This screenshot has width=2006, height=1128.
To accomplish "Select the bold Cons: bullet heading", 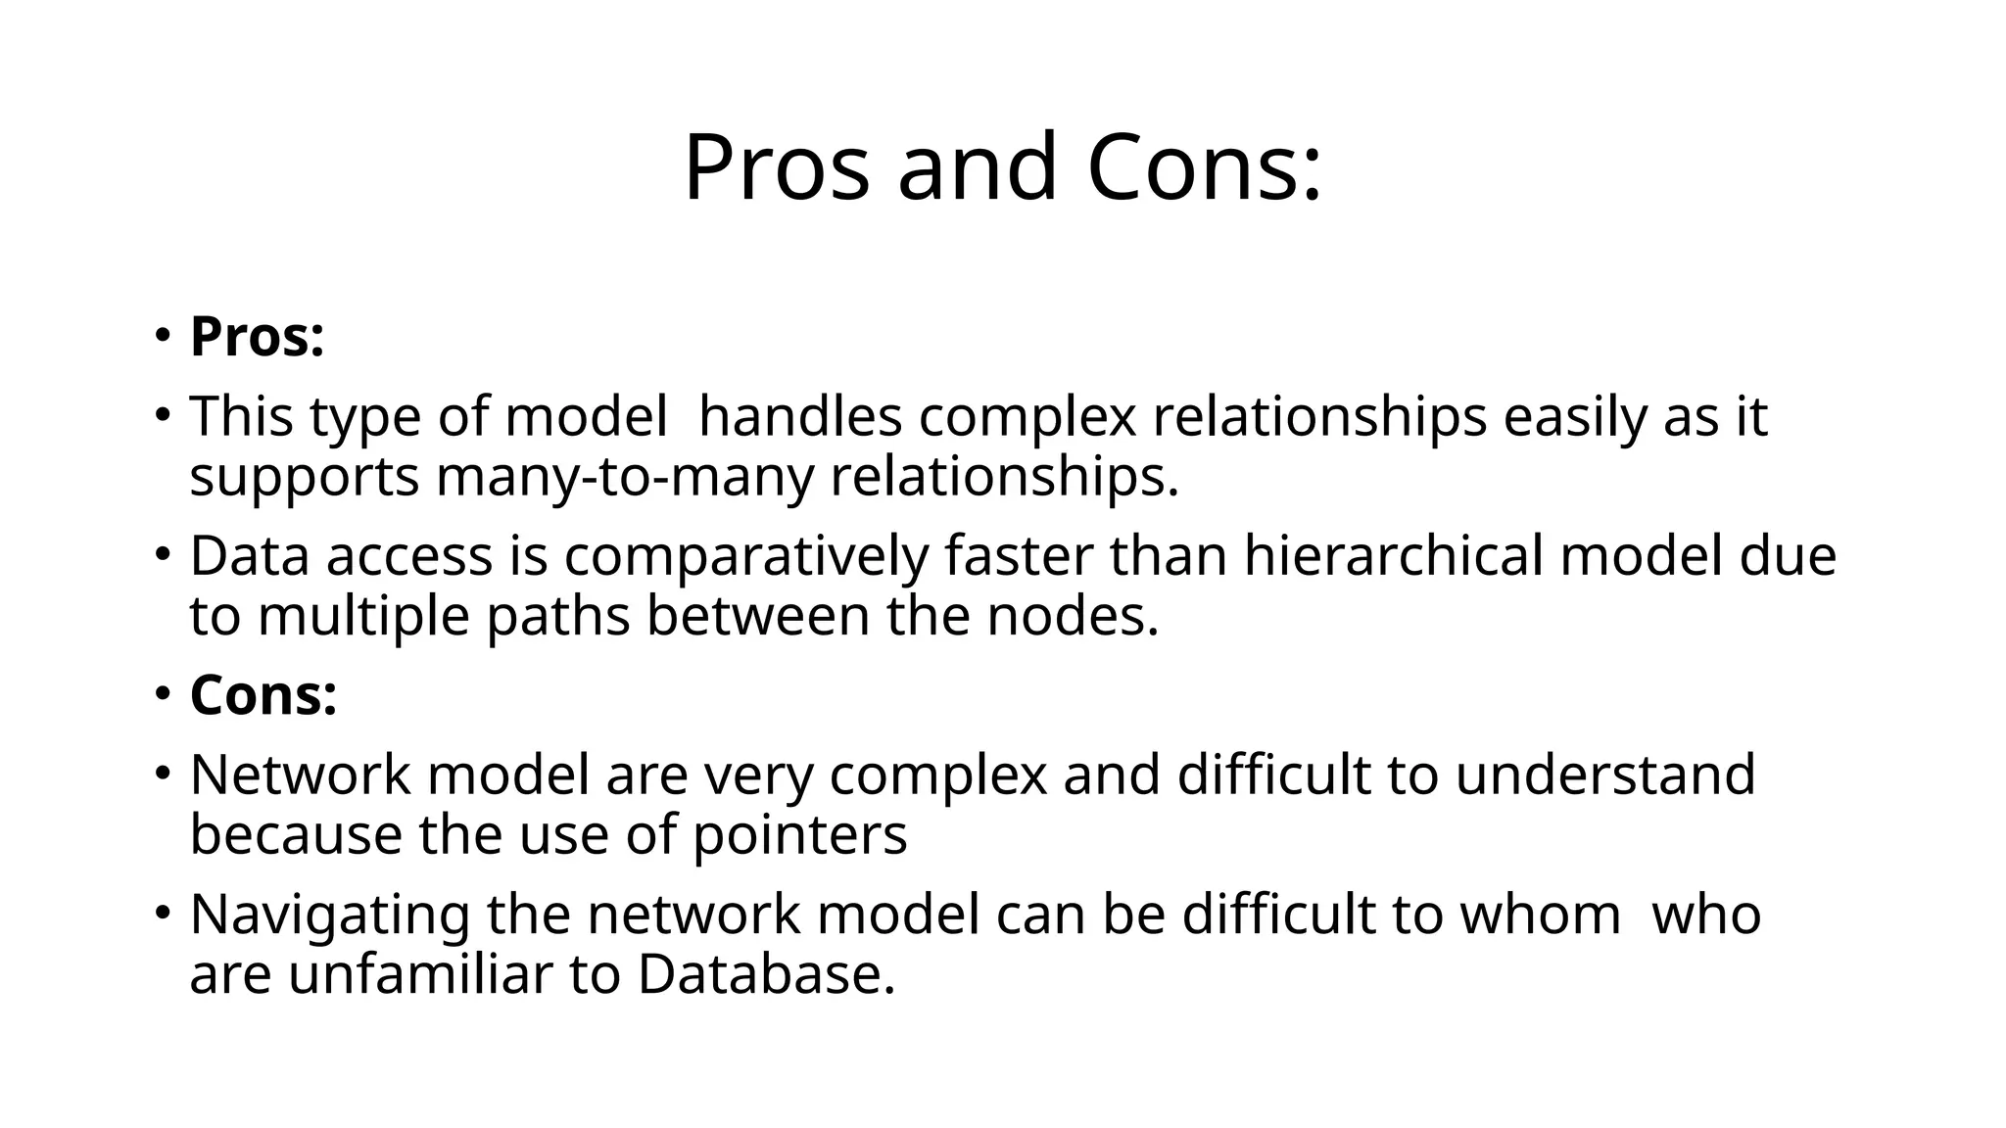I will [263, 695].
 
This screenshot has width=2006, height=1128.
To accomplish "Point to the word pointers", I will [799, 835].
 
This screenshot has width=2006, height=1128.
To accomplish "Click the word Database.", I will [766, 975].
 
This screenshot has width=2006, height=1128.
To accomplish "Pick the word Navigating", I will [330, 916].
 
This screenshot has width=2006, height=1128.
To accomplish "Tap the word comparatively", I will [745, 556].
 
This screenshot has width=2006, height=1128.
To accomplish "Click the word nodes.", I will [1072, 617].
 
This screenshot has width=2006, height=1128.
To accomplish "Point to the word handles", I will [799, 416].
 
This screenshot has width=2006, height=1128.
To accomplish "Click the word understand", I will [1604, 775].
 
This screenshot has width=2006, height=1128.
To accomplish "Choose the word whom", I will [1540, 915].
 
